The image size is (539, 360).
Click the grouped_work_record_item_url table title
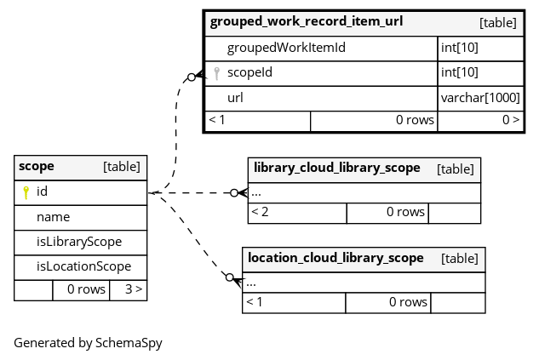307,21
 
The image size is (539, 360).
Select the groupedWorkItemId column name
286,48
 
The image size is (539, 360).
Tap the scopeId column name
249,72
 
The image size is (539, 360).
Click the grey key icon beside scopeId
216,73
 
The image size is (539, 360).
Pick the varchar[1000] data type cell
480,98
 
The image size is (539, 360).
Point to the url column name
235,98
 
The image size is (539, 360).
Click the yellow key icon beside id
26,192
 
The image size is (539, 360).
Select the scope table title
37,166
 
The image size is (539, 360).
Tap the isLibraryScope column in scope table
79,242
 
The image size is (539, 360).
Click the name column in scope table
54,217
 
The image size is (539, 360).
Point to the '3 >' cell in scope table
129,290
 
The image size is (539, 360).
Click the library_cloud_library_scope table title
337,168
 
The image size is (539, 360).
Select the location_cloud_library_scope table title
335,258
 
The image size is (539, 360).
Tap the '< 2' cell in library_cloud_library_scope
298,213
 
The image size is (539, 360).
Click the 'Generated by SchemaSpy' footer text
88,343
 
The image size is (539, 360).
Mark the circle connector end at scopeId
192,77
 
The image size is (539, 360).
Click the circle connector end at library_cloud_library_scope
234,192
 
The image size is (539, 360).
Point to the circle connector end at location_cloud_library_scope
230,277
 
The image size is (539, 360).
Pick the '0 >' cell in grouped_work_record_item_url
481,121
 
